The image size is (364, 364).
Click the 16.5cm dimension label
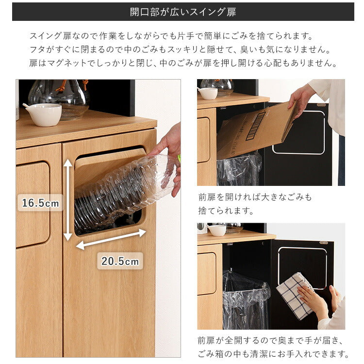(x=40, y=203)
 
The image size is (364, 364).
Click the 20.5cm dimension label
(x=120, y=261)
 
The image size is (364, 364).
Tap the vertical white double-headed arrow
(x=68, y=199)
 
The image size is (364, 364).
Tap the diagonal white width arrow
(x=111, y=239)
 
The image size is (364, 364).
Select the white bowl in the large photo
(x=43, y=114)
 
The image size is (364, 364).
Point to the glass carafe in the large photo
(x=59, y=97)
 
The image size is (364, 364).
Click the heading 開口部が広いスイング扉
(x=183, y=12)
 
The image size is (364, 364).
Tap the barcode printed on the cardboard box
(x=256, y=126)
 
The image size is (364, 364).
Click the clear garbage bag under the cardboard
(x=239, y=170)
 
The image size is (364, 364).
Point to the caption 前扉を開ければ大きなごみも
(x=255, y=197)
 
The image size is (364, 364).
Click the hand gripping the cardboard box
(x=300, y=98)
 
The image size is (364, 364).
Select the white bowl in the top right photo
(x=208, y=93)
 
